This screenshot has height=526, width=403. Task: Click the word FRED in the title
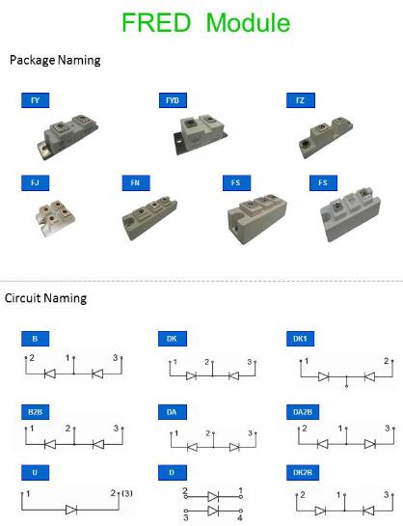156,22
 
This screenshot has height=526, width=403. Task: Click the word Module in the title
248,22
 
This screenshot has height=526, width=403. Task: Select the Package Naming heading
55,61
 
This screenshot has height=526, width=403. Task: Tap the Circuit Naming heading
46,298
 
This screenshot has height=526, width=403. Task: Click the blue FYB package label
173,100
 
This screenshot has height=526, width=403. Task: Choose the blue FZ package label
301,100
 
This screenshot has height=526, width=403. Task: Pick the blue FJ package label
35,182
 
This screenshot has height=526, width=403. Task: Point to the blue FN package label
136,182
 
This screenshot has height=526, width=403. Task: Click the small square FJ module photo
55,217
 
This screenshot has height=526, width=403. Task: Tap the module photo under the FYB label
200,133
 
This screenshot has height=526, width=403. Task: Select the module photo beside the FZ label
326,137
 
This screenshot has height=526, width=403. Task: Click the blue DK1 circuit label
300,339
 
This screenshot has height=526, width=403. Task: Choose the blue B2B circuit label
35,412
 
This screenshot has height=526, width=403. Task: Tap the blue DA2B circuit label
303,412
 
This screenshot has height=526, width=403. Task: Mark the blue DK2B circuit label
303,472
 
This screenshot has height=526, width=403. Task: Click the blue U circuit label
35,472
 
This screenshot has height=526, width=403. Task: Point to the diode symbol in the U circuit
71,510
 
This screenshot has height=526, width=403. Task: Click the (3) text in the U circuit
127,493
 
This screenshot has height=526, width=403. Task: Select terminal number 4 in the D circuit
240,518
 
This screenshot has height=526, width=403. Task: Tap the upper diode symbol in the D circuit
213,496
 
